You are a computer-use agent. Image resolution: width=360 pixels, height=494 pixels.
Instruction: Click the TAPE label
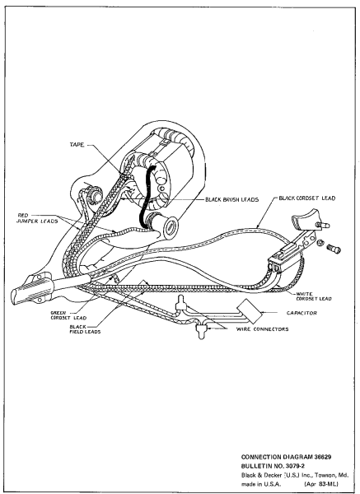pyautogui.click(x=77, y=145)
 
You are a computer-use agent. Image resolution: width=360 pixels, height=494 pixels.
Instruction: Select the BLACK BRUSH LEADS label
pyautogui.click(x=231, y=199)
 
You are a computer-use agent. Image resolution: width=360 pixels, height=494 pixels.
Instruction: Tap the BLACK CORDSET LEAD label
pyautogui.click(x=306, y=198)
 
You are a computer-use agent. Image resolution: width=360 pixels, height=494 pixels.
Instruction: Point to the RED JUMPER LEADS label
pyautogui.click(x=38, y=218)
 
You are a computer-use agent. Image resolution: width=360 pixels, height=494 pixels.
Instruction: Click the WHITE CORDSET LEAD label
pyautogui.click(x=313, y=296)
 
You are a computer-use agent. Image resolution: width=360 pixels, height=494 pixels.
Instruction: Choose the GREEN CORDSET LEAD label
pyautogui.click(x=68, y=315)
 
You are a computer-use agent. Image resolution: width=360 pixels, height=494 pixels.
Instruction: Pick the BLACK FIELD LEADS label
pyautogui.click(x=85, y=329)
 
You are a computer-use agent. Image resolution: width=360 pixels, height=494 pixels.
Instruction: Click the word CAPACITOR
pyautogui.click(x=302, y=313)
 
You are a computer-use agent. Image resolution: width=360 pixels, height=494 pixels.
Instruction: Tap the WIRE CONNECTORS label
pyautogui.click(x=262, y=329)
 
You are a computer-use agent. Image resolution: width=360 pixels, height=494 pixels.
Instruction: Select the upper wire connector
pyautogui.click(x=180, y=303)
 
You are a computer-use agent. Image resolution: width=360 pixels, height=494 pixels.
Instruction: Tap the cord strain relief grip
pyautogui.click(x=31, y=289)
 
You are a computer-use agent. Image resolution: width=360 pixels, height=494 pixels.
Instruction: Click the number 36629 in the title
pyautogui.click(x=322, y=457)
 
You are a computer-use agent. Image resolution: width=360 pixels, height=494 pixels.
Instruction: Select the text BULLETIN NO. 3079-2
pyautogui.click(x=269, y=466)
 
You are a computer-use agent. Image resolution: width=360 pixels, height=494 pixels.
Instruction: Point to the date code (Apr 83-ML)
pyautogui.click(x=321, y=483)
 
